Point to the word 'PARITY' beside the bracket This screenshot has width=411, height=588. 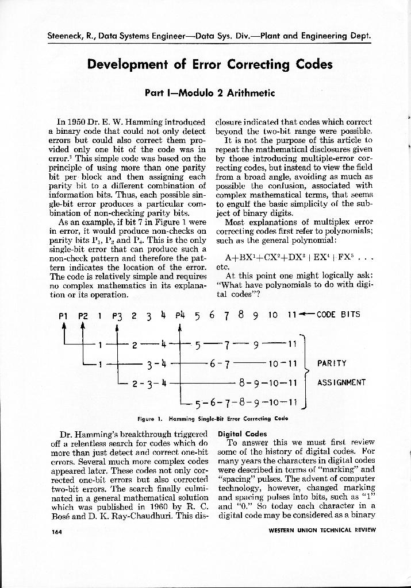coord(332,363)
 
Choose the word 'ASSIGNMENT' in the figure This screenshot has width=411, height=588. coord(341,382)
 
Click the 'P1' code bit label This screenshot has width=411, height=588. coord(64,315)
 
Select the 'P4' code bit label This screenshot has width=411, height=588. coord(180,315)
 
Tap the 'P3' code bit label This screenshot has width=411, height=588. coord(117,315)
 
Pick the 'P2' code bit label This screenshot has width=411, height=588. coord(83,315)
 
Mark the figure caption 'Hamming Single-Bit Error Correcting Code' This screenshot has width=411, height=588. coord(212,419)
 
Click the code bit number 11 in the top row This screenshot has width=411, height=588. coord(291,315)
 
